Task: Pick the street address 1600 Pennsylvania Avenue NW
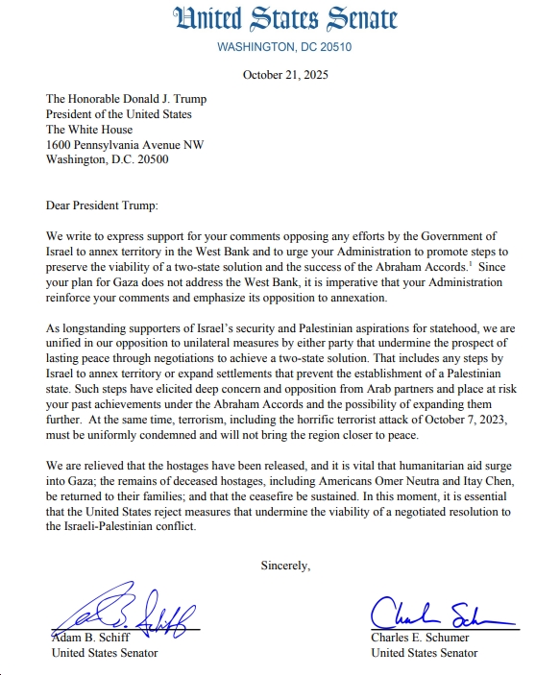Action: point(125,145)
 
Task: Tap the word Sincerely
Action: point(285,566)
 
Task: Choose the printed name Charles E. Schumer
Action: point(420,638)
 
